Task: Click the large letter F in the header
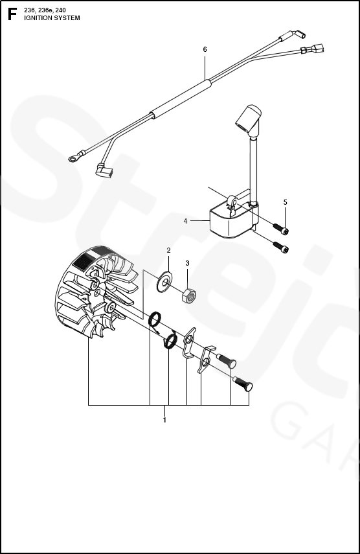point(12,14)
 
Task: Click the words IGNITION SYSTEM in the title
point(52,18)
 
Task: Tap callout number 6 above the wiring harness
point(205,49)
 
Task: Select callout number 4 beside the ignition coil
point(185,221)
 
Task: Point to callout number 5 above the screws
point(285,202)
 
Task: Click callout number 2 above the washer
point(169,251)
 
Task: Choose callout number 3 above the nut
point(187,263)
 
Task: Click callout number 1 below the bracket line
point(164,420)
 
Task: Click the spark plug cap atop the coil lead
point(249,119)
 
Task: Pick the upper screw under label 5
point(280,228)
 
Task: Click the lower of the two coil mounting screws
point(280,247)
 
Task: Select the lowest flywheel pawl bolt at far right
point(243,384)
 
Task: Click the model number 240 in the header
point(60,10)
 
